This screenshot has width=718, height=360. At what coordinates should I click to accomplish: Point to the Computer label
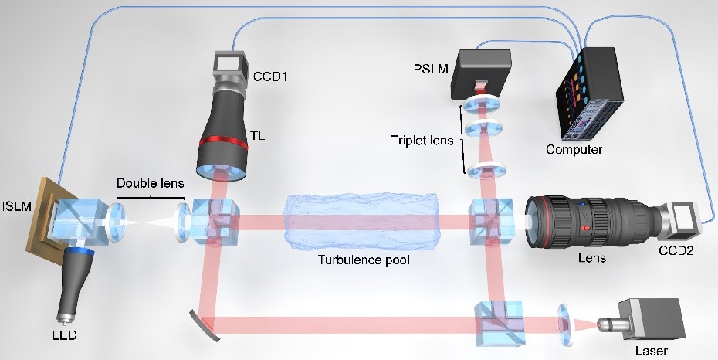tap(573, 149)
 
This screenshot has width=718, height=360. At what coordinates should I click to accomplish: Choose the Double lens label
tap(147, 184)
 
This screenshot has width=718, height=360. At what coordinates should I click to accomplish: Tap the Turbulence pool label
tap(364, 260)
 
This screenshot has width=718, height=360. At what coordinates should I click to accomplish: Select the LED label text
tap(65, 338)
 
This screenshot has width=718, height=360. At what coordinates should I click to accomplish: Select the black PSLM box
tap(484, 74)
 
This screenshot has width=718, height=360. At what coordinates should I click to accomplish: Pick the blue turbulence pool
tap(365, 217)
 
